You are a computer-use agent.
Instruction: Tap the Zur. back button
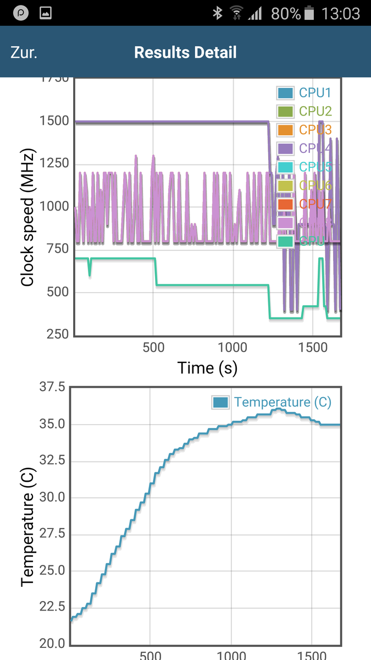(24, 53)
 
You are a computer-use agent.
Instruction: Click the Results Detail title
(185, 53)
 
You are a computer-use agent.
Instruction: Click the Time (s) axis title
(207, 367)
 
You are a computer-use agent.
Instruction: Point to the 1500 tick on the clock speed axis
(54, 121)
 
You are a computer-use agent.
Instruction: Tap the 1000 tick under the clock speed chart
(232, 348)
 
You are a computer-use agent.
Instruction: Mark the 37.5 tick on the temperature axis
(53, 387)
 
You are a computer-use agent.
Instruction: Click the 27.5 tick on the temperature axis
(53, 533)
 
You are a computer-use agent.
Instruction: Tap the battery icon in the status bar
(310, 13)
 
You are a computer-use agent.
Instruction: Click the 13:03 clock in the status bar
(341, 13)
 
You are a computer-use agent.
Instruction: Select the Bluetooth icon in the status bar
(218, 13)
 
